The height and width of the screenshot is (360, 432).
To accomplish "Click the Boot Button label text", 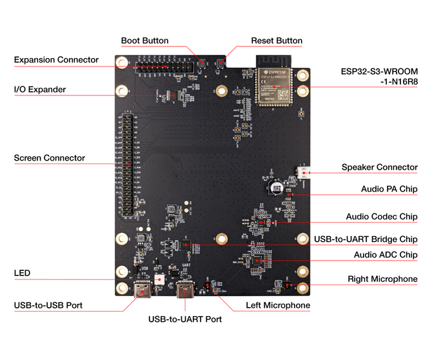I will [x=144, y=41].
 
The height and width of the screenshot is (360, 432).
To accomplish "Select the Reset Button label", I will [x=276, y=41].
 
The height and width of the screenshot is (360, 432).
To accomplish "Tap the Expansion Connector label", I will [x=56, y=60].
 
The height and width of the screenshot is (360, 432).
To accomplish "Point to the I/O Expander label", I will [x=40, y=90].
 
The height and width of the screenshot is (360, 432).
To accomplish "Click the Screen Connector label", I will [x=49, y=158].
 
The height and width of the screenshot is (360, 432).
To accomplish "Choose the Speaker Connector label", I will [x=379, y=167].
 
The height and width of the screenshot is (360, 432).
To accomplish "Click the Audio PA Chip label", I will [x=389, y=190].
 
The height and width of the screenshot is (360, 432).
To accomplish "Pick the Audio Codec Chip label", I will [x=381, y=217].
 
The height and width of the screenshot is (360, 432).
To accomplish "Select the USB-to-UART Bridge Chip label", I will [x=366, y=239].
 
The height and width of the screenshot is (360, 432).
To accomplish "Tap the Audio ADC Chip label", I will [x=385, y=255].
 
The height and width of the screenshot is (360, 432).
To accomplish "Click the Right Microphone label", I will [x=382, y=279].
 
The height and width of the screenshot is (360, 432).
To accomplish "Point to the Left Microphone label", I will [x=278, y=305].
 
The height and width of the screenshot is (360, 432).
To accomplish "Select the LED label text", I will [x=22, y=274].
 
